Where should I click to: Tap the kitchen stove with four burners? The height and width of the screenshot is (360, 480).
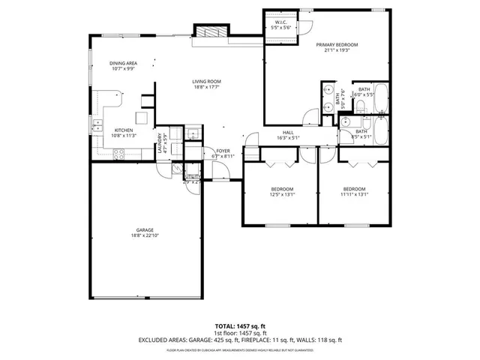pos(118,154)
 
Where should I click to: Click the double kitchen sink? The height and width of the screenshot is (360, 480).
pos(97,126)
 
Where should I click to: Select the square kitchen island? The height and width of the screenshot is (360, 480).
pos(141,117)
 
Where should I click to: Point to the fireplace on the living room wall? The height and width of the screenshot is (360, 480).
pos(205,31)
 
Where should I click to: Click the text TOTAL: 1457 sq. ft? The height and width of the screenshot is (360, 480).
pos(240,326)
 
